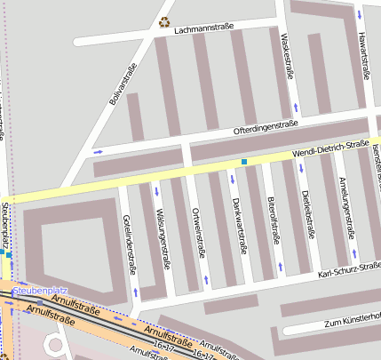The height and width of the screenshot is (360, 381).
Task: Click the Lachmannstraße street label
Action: [x=205, y=28]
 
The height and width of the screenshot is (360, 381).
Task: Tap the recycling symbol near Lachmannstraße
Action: [x=163, y=22]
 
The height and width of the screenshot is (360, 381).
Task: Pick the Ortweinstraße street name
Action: [x=197, y=232]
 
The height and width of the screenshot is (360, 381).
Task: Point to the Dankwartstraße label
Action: [x=237, y=224]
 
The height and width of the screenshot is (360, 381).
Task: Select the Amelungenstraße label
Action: [x=345, y=207]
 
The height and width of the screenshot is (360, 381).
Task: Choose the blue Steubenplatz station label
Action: [x=42, y=291]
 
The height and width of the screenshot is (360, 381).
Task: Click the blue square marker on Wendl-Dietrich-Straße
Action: [x=243, y=162]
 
